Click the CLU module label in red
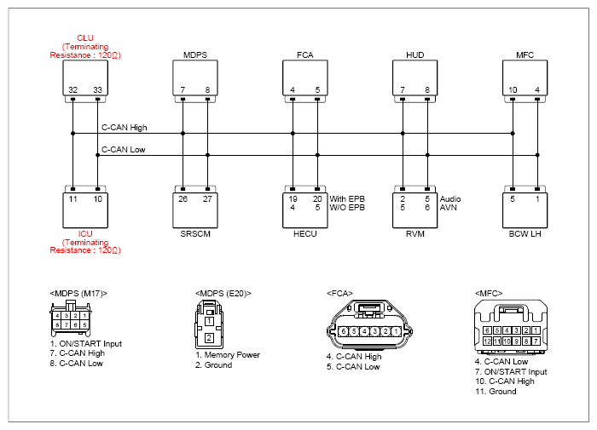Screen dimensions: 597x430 click(85, 38)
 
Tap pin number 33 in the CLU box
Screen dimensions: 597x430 click(98, 90)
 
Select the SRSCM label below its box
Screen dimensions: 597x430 click(195, 234)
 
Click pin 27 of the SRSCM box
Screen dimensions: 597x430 click(207, 199)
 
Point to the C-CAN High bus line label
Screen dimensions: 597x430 click(125, 128)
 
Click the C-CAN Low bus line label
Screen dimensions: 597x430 click(124, 149)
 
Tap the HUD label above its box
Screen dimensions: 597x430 click(415, 55)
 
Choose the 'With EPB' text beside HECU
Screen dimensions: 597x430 click(347, 199)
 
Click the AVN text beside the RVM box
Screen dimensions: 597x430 click(448, 208)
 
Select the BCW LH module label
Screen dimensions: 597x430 click(525, 234)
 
